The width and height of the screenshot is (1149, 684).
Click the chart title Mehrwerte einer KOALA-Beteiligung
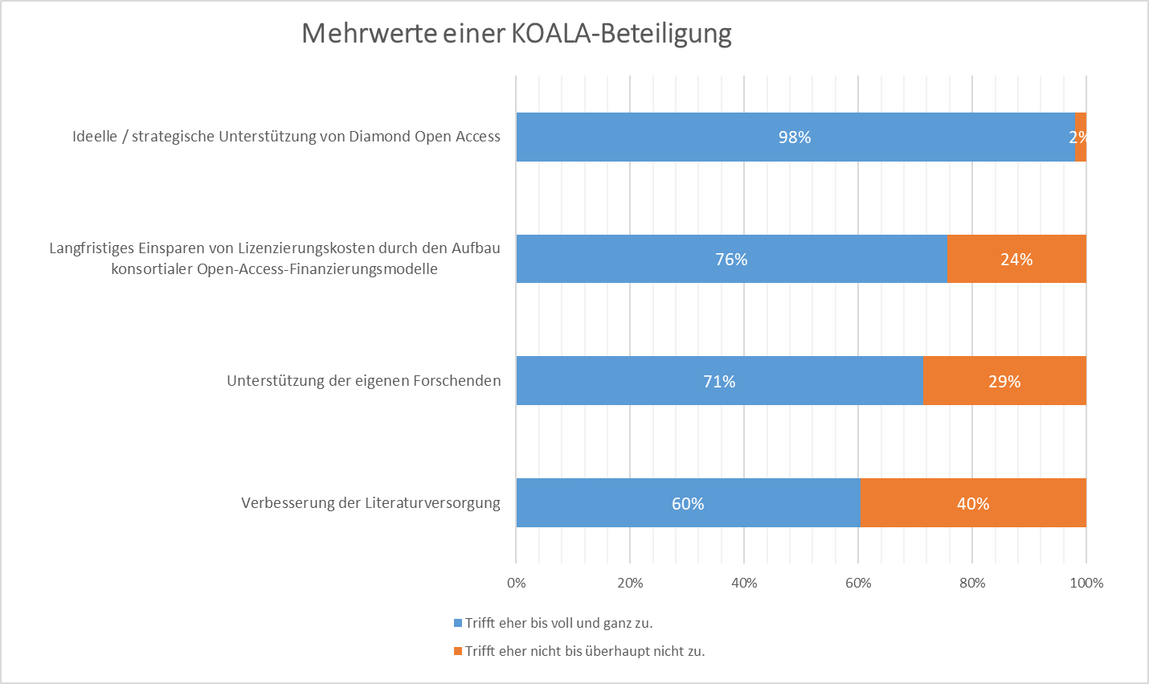pos(516,34)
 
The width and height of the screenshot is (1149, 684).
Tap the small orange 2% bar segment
pos(1080,137)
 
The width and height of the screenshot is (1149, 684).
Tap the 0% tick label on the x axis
pos(517,583)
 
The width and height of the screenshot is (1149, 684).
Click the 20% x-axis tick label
pos(630,583)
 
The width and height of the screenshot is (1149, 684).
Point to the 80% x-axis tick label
pos(972,583)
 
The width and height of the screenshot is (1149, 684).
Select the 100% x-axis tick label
pos(1086,583)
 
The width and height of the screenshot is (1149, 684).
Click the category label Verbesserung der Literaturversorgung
pos(370,503)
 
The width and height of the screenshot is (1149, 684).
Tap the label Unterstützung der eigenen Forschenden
pos(363,381)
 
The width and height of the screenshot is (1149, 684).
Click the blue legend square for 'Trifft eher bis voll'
pos(458,623)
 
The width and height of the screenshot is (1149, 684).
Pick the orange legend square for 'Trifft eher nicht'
pos(458,651)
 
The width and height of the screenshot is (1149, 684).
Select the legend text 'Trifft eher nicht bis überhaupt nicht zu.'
pos(585,651)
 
